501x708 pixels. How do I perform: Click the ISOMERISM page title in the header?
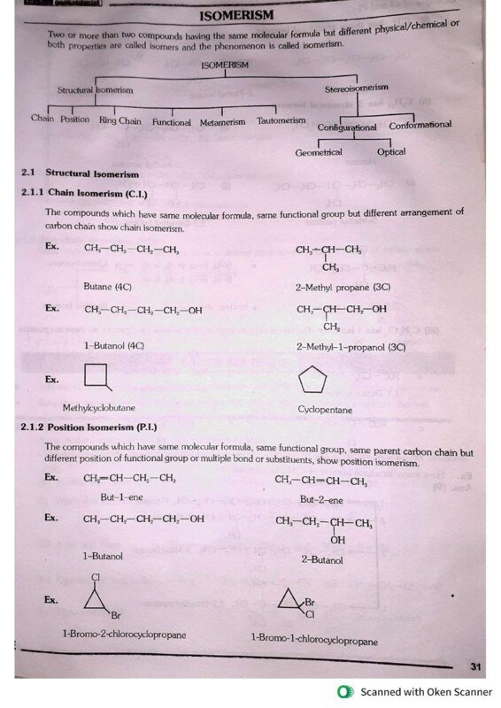point(236,16)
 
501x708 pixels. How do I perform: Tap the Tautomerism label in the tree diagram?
point(281,120)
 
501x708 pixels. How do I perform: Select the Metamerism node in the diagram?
point(222,121)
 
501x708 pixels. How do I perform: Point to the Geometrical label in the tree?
point(319,153)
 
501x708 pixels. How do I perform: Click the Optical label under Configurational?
point(391,151)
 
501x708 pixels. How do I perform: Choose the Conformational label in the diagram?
point(420,125)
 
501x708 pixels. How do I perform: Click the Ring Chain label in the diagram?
point(119,120)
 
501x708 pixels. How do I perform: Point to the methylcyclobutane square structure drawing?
point(98,379)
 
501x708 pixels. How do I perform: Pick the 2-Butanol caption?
point(322,559)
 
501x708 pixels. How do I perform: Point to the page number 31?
point(474,666)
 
